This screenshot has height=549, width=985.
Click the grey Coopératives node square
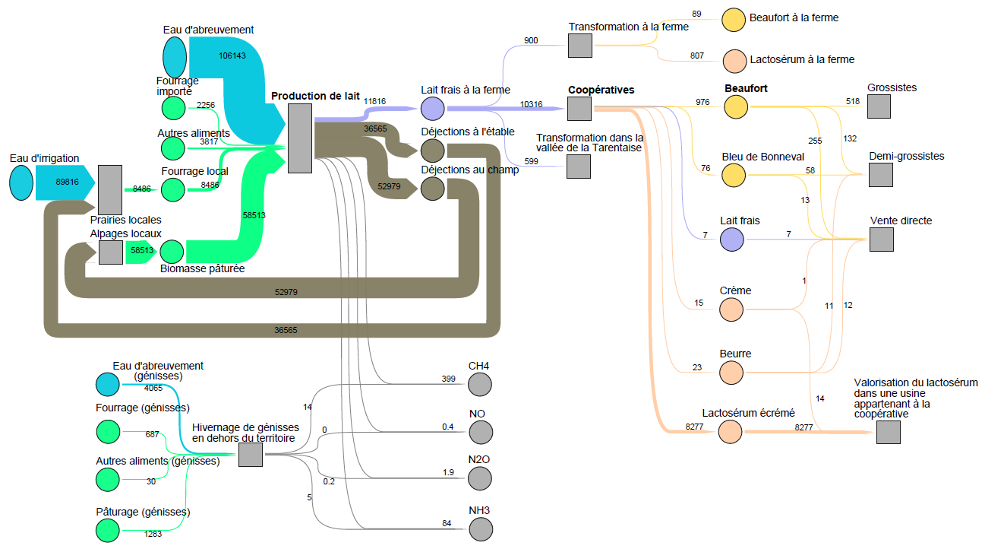click(579, 108)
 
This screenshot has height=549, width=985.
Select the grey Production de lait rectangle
click(300, 138)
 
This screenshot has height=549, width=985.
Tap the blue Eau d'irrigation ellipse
click(21, 184)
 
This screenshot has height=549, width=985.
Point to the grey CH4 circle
click(480, 384)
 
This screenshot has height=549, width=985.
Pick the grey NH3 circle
click(480, 528)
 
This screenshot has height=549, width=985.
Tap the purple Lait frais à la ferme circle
click(432, 108)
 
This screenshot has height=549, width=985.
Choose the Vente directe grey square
click(881, 240)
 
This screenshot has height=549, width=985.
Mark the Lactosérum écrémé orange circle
click(731, 431)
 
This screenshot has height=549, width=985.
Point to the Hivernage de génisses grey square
click(251, 455)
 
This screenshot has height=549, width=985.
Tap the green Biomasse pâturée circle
click(172, 252)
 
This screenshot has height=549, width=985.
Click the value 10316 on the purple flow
click(531, 104)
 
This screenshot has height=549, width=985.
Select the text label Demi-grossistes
click(907, 156)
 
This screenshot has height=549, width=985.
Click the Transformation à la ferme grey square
click(580, 46)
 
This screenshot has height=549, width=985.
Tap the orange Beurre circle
click(731, 372)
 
